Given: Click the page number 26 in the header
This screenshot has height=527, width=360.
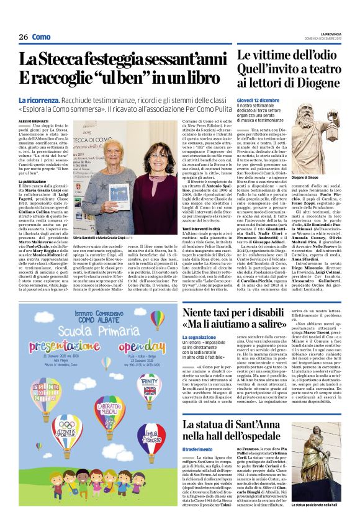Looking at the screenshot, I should (x=24, y=37).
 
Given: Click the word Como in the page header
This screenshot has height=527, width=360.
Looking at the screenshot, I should (x=42, y=37).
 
